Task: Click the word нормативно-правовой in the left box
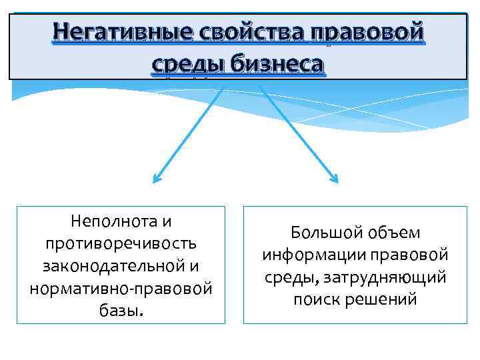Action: point(121,289)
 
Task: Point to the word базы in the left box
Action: point(119,311)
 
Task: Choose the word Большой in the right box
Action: point(322,233)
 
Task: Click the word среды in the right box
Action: point(289,277)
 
